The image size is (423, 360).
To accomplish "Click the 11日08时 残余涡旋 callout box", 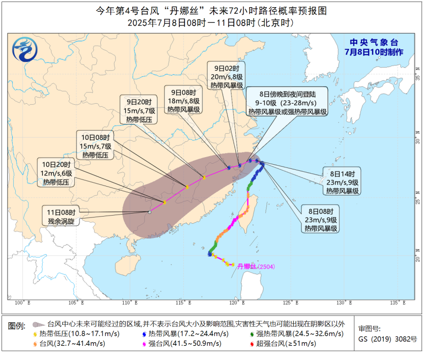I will (61, 216).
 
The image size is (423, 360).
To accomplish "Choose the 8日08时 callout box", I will (321, 220).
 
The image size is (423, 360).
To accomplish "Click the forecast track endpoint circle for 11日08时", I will (149, 212).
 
